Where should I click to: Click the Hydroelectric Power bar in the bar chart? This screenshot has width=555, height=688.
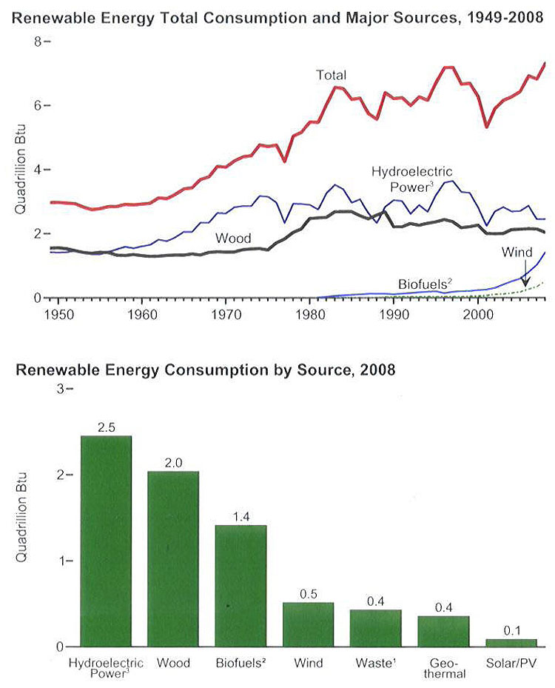[x=106, y=541]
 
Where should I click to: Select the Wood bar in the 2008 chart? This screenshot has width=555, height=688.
[x=173, y=558]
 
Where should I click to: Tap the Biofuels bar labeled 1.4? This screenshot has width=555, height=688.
[x=240, y=585]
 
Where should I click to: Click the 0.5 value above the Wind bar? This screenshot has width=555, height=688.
[x=309, y=595]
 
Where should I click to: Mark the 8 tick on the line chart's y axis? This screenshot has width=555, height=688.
[x=37, y=42]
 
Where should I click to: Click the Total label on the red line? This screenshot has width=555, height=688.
[x=332, y=75]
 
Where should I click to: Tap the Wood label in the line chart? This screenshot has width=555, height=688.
[x=234, y=238]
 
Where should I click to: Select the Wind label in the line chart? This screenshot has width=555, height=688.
[x=517, y=252]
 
